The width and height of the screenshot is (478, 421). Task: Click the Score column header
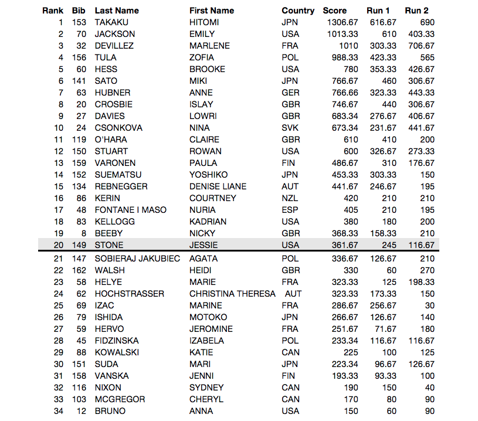[334, 11]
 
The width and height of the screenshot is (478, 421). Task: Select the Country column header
[298, 11]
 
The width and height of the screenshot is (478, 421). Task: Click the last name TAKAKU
[111, 22]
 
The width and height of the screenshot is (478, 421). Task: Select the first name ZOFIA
[202, 57]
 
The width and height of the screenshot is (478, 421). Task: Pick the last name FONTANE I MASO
[130, 210]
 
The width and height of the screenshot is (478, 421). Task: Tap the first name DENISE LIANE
[218, 186]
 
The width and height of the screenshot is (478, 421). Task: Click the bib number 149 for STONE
[79, 245]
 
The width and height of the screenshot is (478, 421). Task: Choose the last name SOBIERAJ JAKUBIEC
[137, 259]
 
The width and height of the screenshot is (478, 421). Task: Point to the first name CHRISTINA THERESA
[232, 294]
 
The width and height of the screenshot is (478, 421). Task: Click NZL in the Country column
[290, 198]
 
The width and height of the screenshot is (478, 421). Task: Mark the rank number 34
[58, 411]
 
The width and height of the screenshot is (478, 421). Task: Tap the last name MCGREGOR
[120, 399]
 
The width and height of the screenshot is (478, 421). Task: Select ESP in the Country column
[290, 210]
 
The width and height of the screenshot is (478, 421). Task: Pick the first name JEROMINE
[211, 329]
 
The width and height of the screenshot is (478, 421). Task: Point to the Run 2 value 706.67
[422, 46]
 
